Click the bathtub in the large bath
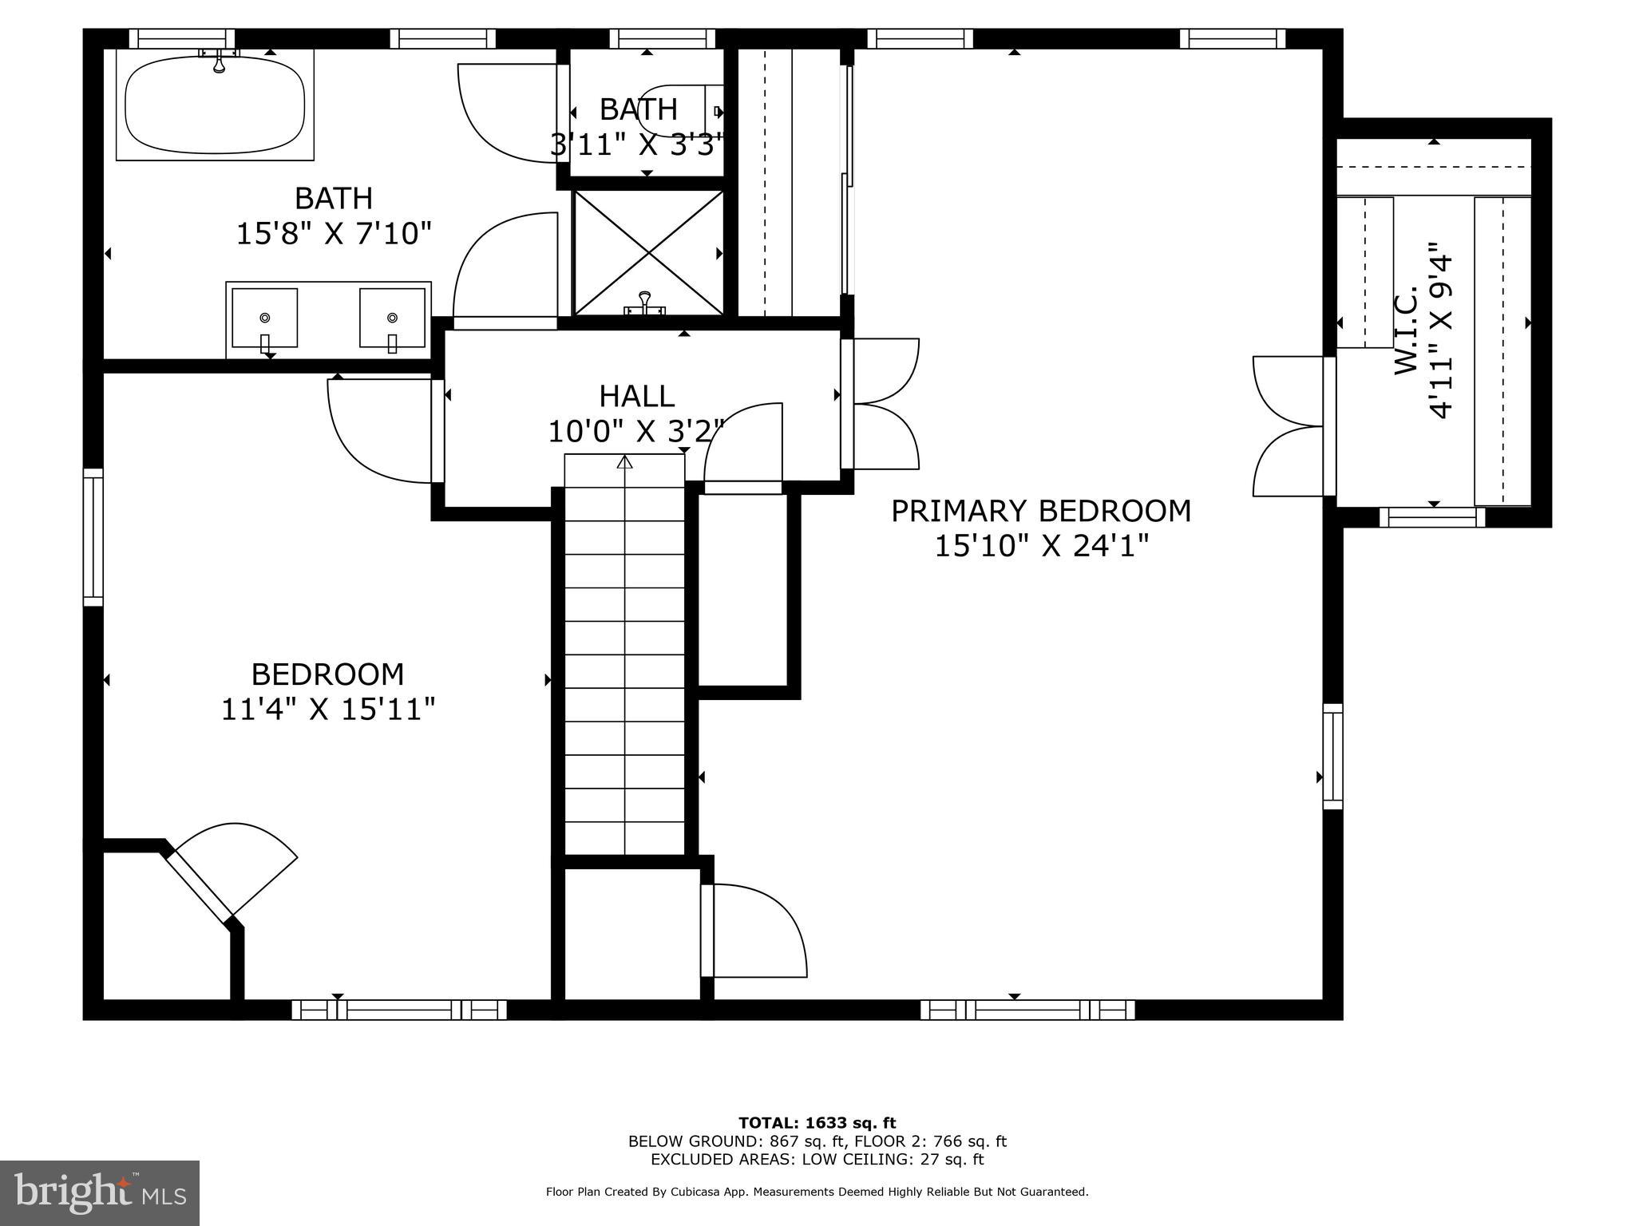215,105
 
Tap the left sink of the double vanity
264,318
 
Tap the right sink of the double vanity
392,318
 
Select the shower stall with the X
648,252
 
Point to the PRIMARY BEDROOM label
1040,511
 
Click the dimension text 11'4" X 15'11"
327,709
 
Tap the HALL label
636,396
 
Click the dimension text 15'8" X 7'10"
334,234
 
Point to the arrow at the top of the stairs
624,462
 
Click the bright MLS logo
99,1192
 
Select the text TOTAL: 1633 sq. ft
817,1123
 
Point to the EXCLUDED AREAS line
817,1160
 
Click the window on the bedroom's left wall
93,536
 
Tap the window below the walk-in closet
1432,517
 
